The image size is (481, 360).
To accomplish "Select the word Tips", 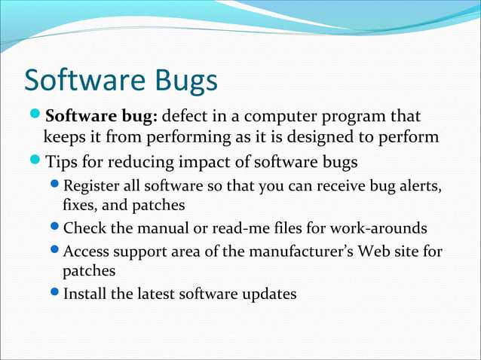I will [62, 162].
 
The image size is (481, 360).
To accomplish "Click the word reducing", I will [136, 162].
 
